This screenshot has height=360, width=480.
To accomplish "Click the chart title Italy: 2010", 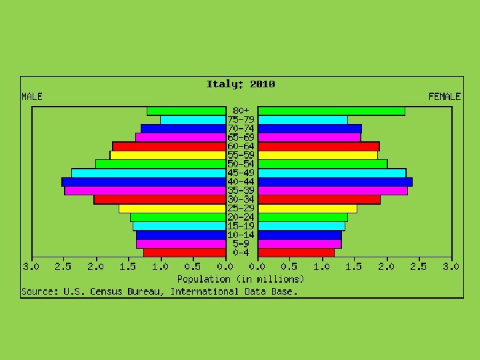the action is point(241,84).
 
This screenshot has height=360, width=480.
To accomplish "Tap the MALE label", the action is point(32,97).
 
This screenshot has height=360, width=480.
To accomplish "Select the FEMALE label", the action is point(445,97).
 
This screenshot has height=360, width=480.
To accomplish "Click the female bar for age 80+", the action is point(331,111).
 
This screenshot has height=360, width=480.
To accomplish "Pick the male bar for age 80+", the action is point(187,111).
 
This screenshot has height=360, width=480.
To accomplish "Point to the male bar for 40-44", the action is point(144,182).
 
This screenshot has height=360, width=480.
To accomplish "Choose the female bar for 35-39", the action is point(333,191).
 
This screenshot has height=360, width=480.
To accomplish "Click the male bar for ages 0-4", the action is point(185,253).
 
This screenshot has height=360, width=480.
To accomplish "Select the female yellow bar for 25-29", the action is point(307,209).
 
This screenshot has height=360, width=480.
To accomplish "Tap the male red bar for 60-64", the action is point(169,146).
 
